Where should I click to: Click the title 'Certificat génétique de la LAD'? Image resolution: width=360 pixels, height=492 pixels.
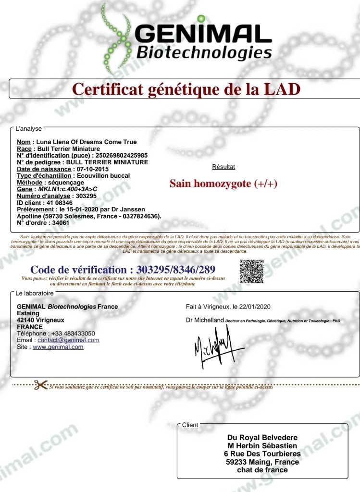(186, 89)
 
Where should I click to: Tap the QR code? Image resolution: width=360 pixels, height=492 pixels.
(251, 271)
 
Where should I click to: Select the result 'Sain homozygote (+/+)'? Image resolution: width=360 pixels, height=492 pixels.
(223, 184)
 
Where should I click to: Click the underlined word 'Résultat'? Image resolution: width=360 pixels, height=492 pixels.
(223, 167)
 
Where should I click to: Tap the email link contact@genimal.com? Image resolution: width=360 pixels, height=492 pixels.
(68, 340)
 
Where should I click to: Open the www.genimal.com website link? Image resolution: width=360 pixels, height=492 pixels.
(58, 347)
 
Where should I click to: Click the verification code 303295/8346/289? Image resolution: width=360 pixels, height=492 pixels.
(175, 270)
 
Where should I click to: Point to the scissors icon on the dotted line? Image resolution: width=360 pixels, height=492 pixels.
(41, 385)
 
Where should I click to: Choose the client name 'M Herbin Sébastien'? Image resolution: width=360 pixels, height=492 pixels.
(262, 445)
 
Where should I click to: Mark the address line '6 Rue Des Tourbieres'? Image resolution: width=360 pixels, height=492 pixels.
(262, 454)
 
